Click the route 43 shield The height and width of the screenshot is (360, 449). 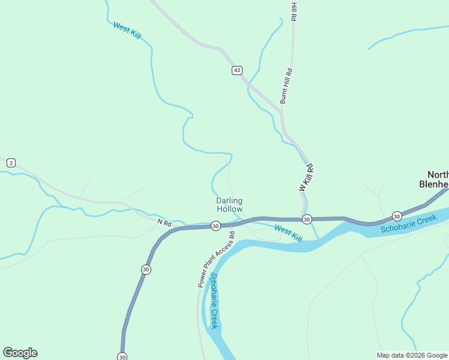[x=237, y=70]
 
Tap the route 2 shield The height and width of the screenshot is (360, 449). [x=11, y=163]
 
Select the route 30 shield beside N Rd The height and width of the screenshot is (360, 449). [x=215, y=226]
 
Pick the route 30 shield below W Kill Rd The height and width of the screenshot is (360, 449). [x=306, y=219]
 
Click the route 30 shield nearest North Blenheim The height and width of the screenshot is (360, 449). [x=397, y=215]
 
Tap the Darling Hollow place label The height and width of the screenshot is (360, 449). [x=229, y=205]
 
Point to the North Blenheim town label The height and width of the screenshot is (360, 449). [x=433, y=179]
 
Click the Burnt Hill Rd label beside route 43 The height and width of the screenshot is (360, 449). [x=286, y=86]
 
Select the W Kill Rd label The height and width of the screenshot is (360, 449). [x=307, y=178]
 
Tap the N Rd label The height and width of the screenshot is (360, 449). [x=164, y=223]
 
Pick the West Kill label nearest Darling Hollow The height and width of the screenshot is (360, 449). [x=288, y=233]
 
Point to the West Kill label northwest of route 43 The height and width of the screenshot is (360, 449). [x=127, y=31]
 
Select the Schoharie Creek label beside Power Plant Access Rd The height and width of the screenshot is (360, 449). [x=214, y=300]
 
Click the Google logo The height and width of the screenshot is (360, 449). [x=20, y=353]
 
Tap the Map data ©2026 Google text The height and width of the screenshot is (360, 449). [x=412, y=355]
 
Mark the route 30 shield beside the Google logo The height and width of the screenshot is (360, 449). [x=122, y=356]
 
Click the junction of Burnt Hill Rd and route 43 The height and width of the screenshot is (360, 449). [x=281, y=110]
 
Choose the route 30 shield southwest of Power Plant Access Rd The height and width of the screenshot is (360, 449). [x=146, y=270]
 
